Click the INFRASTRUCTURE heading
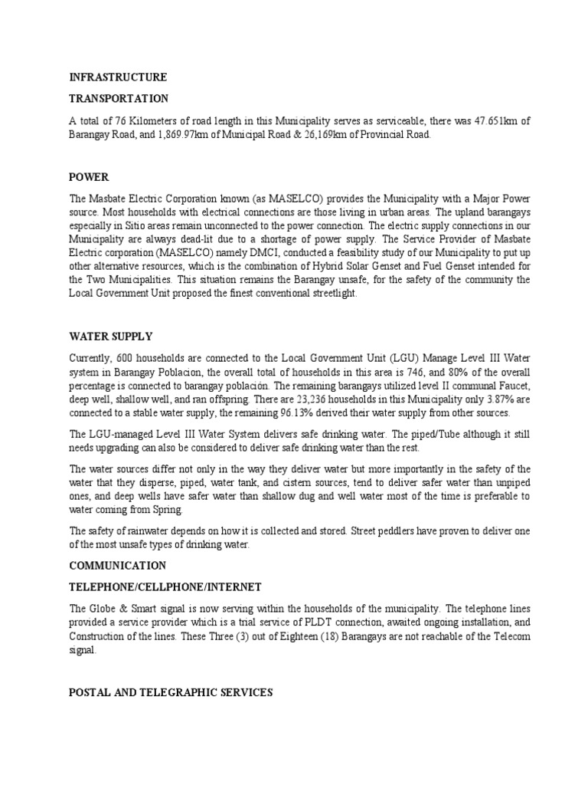click(x=118, y=77)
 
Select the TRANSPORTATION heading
click(x=119, y=99)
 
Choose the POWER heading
click(x=89, y=176)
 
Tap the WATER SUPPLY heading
click(x=111, y=337)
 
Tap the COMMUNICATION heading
click(x=117, y=566)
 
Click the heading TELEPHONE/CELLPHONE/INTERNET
click(x=165, y=587)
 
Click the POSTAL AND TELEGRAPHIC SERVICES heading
click(x=171, y=692)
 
